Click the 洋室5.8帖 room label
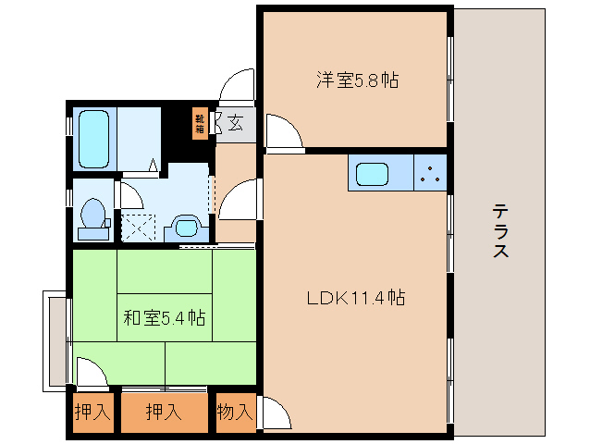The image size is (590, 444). pos(356,80)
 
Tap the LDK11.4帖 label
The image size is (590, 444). pos(356,298)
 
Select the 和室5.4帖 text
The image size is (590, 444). pos(164,318)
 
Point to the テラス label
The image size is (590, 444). pos(499,231)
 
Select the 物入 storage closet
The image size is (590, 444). pos(234,412)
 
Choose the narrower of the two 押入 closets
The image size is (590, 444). pos(92,412)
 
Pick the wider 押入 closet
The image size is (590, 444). pos(164,412)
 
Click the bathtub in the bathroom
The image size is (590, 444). pos(93,139)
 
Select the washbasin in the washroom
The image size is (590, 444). pos(185,226)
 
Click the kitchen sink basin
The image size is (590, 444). pos(374,174)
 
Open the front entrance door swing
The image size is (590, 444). pos(239,87)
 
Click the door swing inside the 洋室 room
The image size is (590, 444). pos(282,131)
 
